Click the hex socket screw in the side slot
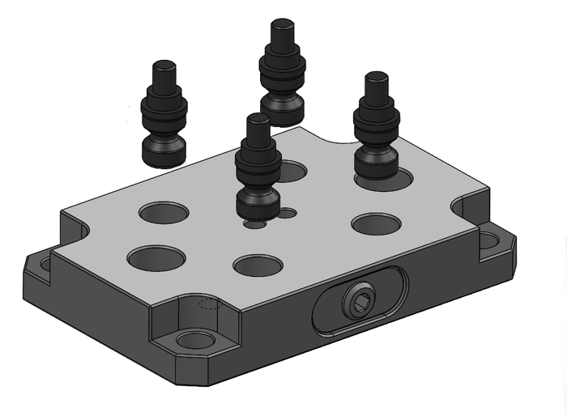[x=357, y=302]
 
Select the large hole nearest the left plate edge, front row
[x=156, y=258]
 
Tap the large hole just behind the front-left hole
[x=164, y=213]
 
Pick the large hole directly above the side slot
[x=257, y=265]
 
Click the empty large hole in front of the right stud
[x=376, y=223]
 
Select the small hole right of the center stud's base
[x=287, y=214]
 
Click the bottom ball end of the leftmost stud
[x=164, y=152]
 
